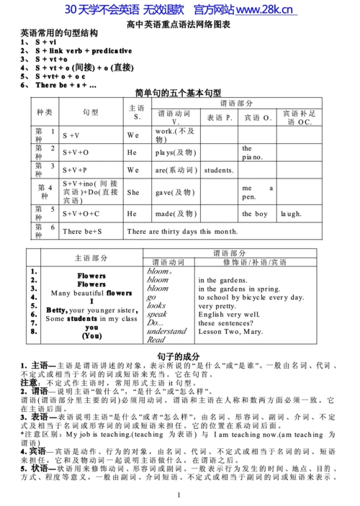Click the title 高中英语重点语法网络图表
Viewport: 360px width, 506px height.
tap(179, 24)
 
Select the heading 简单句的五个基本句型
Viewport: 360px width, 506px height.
tap(178, 93)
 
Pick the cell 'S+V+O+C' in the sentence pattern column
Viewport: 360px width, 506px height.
tap(81, 214)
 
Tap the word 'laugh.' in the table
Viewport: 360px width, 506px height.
tap(291, 214)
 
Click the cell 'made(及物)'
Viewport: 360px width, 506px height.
tap(175, 214)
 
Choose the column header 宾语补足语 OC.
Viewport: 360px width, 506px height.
tap(300, 117)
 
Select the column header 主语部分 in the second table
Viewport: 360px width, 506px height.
tap(91, 258)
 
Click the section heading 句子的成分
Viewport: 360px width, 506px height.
tap(179, 357)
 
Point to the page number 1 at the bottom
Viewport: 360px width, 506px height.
tap(178, 496)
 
